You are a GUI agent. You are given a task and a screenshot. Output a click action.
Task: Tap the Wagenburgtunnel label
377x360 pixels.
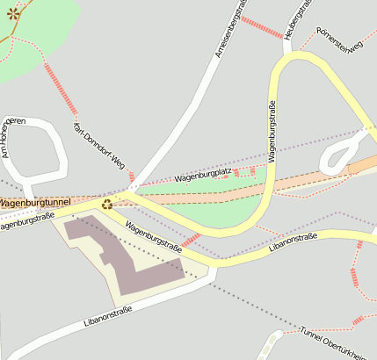pos(34,203)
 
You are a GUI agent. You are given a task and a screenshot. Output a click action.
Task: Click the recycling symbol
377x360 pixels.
pos(106,205)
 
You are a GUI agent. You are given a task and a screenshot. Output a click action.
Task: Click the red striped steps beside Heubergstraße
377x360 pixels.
pos(261,27)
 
